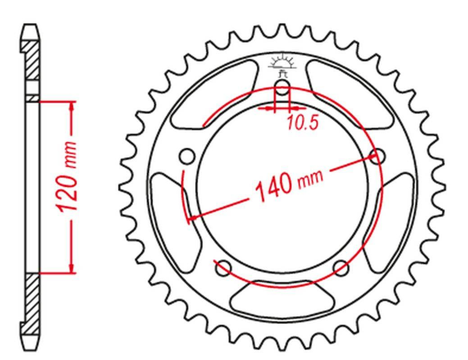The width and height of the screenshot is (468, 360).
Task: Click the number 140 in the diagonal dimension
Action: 274,187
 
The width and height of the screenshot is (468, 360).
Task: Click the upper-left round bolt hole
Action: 187,156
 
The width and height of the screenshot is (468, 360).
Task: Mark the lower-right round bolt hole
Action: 341,268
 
